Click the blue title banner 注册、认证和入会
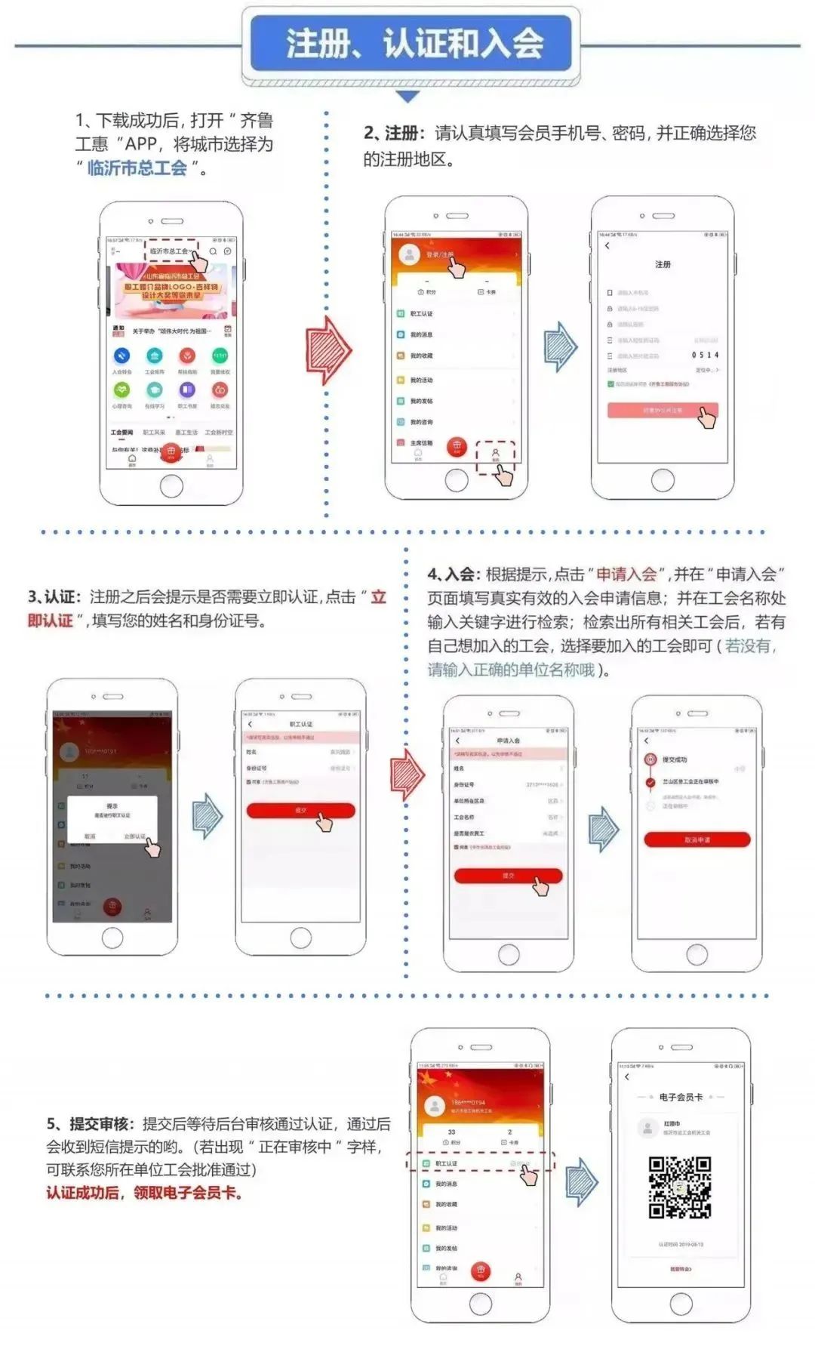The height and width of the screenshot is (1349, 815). pos(411,43)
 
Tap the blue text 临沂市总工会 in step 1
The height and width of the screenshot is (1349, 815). pos(137,168)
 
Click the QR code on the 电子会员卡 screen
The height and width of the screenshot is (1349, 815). pos(680,1187)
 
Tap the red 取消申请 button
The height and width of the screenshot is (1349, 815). pos(697,839)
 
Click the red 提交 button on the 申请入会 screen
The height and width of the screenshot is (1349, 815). pos(508,875)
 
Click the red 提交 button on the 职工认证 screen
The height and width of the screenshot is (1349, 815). pos(300,810)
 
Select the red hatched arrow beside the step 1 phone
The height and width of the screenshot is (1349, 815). pos(329,351)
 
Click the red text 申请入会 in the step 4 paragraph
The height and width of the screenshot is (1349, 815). pos(626,574)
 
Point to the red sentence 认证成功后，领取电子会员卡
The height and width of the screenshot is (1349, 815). pos(144,1193)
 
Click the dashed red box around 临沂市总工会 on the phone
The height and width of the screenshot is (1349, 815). pos(172,251)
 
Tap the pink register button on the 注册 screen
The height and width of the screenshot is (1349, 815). pos(662,410)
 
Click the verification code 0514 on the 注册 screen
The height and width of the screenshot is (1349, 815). pos(705,355)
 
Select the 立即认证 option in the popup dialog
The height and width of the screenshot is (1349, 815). pos(134,836)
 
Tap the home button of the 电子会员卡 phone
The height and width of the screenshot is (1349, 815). pos(681,1303)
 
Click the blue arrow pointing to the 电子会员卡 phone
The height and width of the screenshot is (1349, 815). pos(581,1181)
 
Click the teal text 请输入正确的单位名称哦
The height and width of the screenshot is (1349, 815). pos(511,670)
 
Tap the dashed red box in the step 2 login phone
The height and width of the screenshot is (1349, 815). pos(495,457)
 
